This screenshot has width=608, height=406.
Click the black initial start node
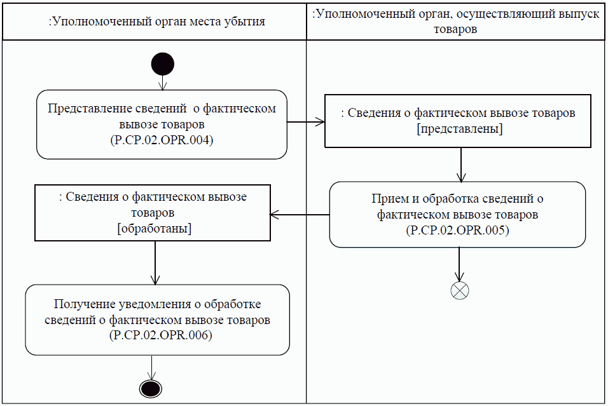[163, 64]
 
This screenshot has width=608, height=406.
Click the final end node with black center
[151, 388]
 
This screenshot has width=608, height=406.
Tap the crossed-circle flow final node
[459, 290]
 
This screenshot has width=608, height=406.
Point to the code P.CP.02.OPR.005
[457, 231]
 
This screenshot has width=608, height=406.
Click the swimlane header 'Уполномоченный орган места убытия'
[156, 21]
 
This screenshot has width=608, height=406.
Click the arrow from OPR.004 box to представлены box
[306, 123]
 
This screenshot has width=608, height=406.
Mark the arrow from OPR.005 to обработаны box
[300, 215]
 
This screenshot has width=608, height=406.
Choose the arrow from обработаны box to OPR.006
[155, 262]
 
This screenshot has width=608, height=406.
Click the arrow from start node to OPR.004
[163, 83]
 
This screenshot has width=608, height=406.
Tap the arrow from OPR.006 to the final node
[151, 367]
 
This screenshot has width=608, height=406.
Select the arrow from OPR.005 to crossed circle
[459, 264]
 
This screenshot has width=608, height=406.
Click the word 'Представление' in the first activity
[87, 108]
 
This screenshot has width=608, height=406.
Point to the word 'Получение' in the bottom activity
[81, 304]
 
